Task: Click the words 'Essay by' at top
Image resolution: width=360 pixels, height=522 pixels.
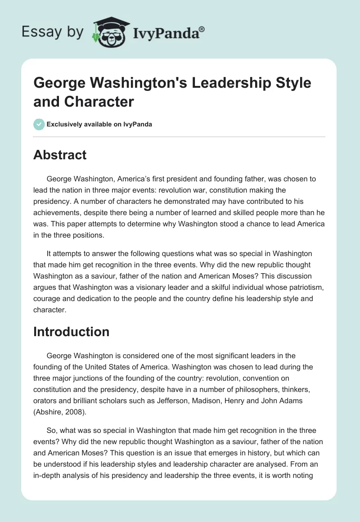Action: coord(52,32)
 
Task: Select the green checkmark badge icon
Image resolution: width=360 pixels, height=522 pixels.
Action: coord(39,124)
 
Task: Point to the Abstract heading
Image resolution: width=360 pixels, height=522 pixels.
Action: coord(59,155)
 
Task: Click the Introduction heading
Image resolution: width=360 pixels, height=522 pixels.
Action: coord(71,332)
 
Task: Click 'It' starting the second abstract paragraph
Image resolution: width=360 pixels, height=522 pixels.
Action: coord(49,253)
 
